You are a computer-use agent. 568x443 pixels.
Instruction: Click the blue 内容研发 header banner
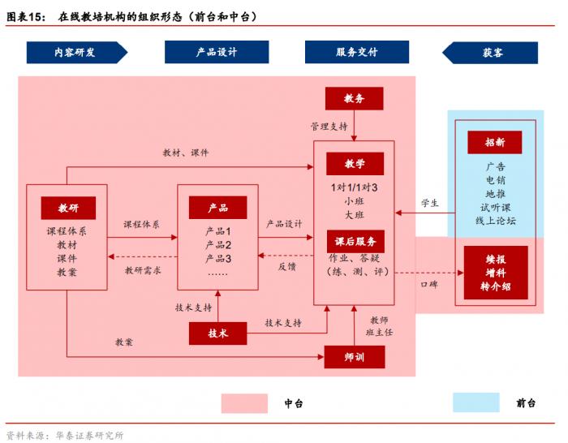click(76, 52)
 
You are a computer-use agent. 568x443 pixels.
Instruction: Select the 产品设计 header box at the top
click(217, 52)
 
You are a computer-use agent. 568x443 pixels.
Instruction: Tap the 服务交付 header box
click(356, 52)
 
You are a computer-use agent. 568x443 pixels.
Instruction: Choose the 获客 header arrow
click(490, 52)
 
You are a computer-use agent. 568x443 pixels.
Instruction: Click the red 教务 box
click(354, 98)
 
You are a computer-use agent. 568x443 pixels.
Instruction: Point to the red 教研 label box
click(67, 208)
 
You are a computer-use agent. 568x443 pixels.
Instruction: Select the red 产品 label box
click(217, 208)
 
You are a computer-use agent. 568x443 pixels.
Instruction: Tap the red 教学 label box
click(355, 163)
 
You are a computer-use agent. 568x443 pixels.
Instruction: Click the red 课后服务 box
click(355, 241)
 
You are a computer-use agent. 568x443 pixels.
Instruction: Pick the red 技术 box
click(217, 333)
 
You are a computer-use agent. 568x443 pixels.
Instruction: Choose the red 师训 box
click(354, 356)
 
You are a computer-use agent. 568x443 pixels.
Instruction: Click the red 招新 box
click(494, 142)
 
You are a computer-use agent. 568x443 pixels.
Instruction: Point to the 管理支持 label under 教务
click(329, 127)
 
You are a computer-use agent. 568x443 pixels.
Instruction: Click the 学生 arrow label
click(429, 203)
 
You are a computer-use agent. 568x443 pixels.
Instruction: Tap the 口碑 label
click(429, 285)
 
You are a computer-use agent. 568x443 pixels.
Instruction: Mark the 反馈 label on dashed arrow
click(287, 265)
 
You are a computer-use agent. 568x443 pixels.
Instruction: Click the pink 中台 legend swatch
click(244, 403)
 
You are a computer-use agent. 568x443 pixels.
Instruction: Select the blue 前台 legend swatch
click(476, 403)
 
